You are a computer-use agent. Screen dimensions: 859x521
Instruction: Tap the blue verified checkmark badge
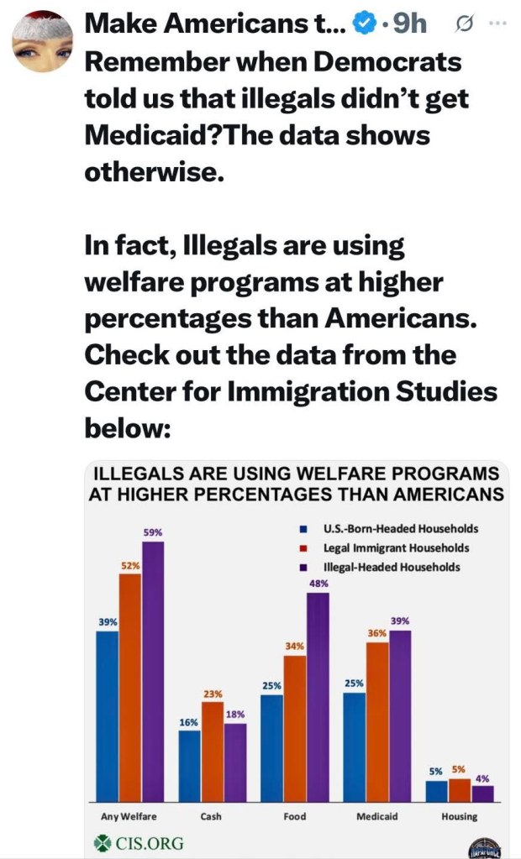coord(364,26)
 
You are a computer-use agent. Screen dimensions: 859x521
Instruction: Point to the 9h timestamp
coord(408,25)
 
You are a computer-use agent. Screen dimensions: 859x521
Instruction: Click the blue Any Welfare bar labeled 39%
coord(108,715)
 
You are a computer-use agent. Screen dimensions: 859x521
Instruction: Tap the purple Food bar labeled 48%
coord(318,696)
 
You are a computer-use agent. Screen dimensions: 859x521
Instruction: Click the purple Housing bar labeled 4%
coord(482,793)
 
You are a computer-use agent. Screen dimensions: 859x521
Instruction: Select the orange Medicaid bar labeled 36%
coord(377,721)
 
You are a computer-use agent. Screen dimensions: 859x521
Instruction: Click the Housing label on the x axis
coord(459,816)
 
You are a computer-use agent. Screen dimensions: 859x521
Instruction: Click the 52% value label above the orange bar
coord(129,566)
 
